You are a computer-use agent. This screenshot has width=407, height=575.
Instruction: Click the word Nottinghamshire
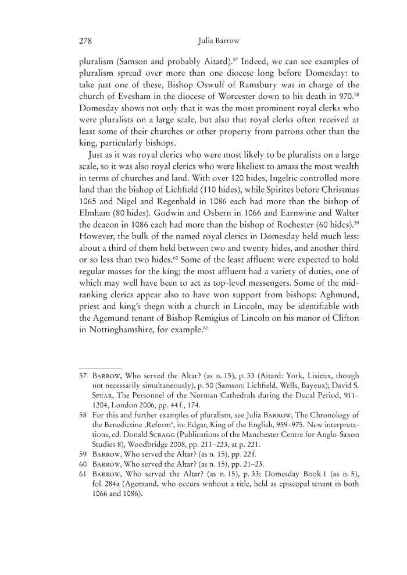(x=130, y=345)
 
